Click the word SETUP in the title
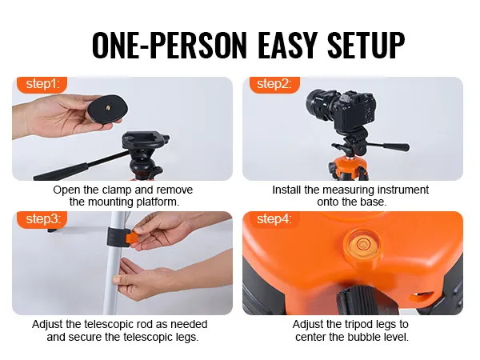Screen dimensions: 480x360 tap(366, 45)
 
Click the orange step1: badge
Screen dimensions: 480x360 tap(42, 84)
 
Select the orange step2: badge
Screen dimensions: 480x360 tap(274, 84)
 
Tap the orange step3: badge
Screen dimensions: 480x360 tap(42, 219)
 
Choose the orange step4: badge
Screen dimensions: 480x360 tap(274, 219)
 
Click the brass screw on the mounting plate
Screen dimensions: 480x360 tap(109, 107)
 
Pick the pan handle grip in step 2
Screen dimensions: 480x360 tap(397, 146)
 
